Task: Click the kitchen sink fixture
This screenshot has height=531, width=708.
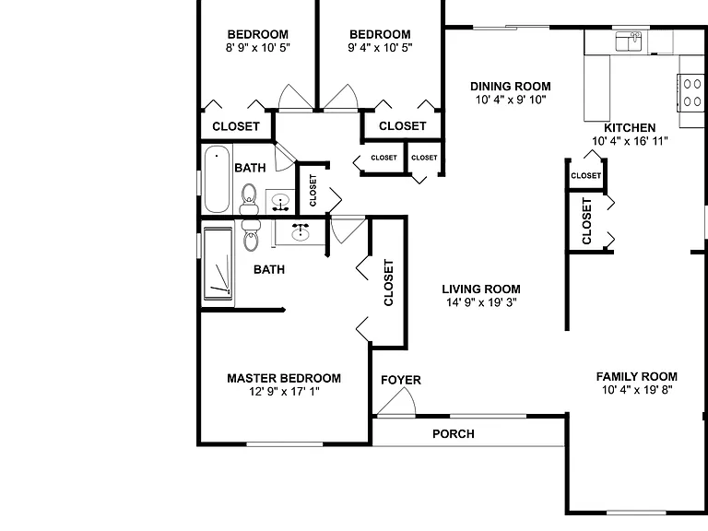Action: tap(629, 41)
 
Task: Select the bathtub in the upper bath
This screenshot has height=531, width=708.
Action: tap(217, 179)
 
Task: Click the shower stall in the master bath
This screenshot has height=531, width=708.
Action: tap(218, 265)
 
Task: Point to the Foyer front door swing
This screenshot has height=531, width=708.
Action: tap(396, 401)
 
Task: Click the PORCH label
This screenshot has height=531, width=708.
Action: tap(454, 434)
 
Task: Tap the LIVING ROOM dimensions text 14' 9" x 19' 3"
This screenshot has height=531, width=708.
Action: tap(481, 302)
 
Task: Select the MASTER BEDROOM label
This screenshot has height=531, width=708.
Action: tap(284, 378)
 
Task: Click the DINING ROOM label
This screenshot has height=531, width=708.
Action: tap(511, 87)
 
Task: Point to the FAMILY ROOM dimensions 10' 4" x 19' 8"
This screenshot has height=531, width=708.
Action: tap(637, 390)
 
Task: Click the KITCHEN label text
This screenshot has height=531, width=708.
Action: tap(630, 128)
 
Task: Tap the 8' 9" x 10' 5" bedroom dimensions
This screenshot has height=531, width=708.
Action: tap(258, 47)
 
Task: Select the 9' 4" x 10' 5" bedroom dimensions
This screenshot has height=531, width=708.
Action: tap(380, 47)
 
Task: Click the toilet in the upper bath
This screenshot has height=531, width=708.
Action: tap(249, 199)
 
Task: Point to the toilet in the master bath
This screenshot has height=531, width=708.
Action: tap(251, 235)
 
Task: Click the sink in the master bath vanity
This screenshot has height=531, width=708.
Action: tap(301, 232)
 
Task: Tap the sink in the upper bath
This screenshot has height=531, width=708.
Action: tap(280, 202)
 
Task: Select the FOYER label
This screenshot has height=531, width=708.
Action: tap(401, 380)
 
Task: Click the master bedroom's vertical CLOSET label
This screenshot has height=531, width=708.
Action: tap(388, 283)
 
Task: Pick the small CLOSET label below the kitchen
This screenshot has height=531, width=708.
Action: tap(586, 175)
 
